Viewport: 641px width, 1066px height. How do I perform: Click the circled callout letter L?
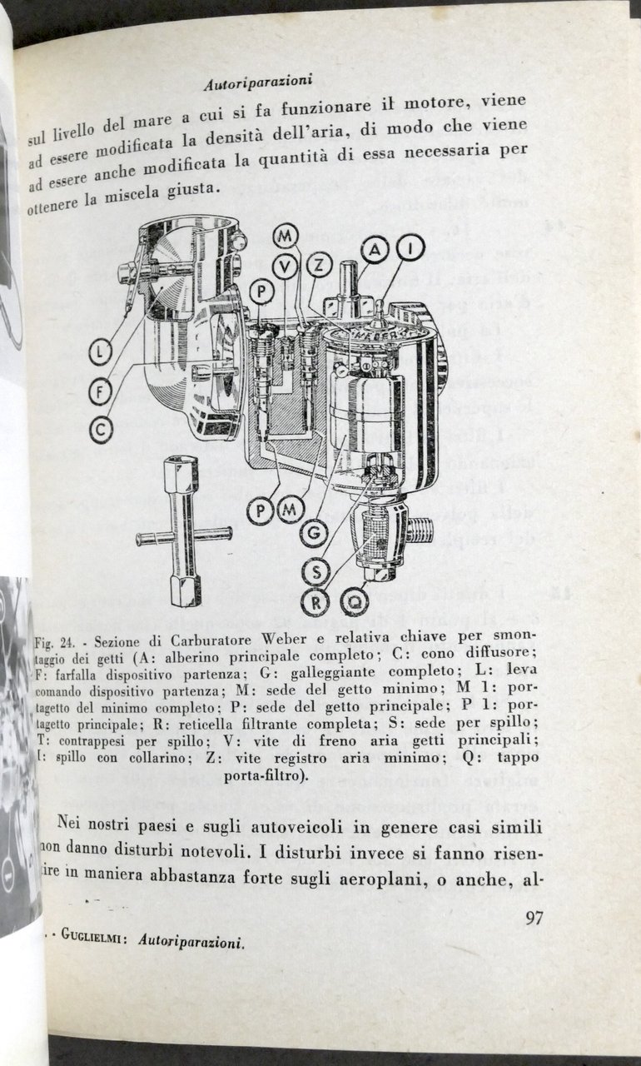pos(101,354)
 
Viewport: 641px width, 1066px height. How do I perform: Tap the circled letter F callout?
pos(101,391)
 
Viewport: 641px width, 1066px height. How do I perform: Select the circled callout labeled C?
pos(101,429)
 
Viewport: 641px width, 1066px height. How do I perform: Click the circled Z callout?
pos(318,265)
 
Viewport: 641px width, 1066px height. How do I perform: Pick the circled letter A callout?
pos(376,249)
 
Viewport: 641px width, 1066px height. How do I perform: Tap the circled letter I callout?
pos(410,247)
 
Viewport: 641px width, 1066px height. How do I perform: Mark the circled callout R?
pos(316,600)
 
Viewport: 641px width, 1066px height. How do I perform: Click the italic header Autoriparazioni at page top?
pos(257,82)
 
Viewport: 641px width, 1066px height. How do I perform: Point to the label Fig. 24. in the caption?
pos(57,644)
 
